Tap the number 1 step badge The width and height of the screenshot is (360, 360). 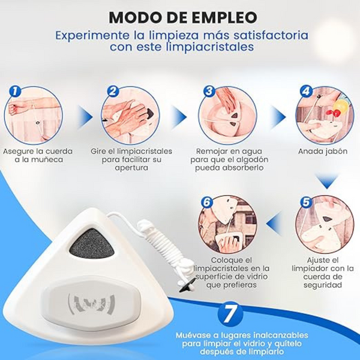coord(15,91)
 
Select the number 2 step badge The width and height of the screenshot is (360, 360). coord(113,91)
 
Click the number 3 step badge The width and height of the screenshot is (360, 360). coord(209,91)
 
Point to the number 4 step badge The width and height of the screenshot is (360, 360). coord(306,91)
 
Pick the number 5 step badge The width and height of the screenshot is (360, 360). coord(306,202)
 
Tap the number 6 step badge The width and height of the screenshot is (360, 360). coord(207,202)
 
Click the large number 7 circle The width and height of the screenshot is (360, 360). coord(230,314)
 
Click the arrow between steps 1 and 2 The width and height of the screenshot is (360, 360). coord(85,117)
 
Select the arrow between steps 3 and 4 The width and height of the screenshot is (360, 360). coord(278,117)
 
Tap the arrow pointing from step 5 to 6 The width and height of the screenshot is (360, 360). coord(274,223)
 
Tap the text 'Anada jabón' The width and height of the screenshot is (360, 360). coord(323,152)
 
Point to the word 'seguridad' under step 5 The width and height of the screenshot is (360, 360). coord(323,285)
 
